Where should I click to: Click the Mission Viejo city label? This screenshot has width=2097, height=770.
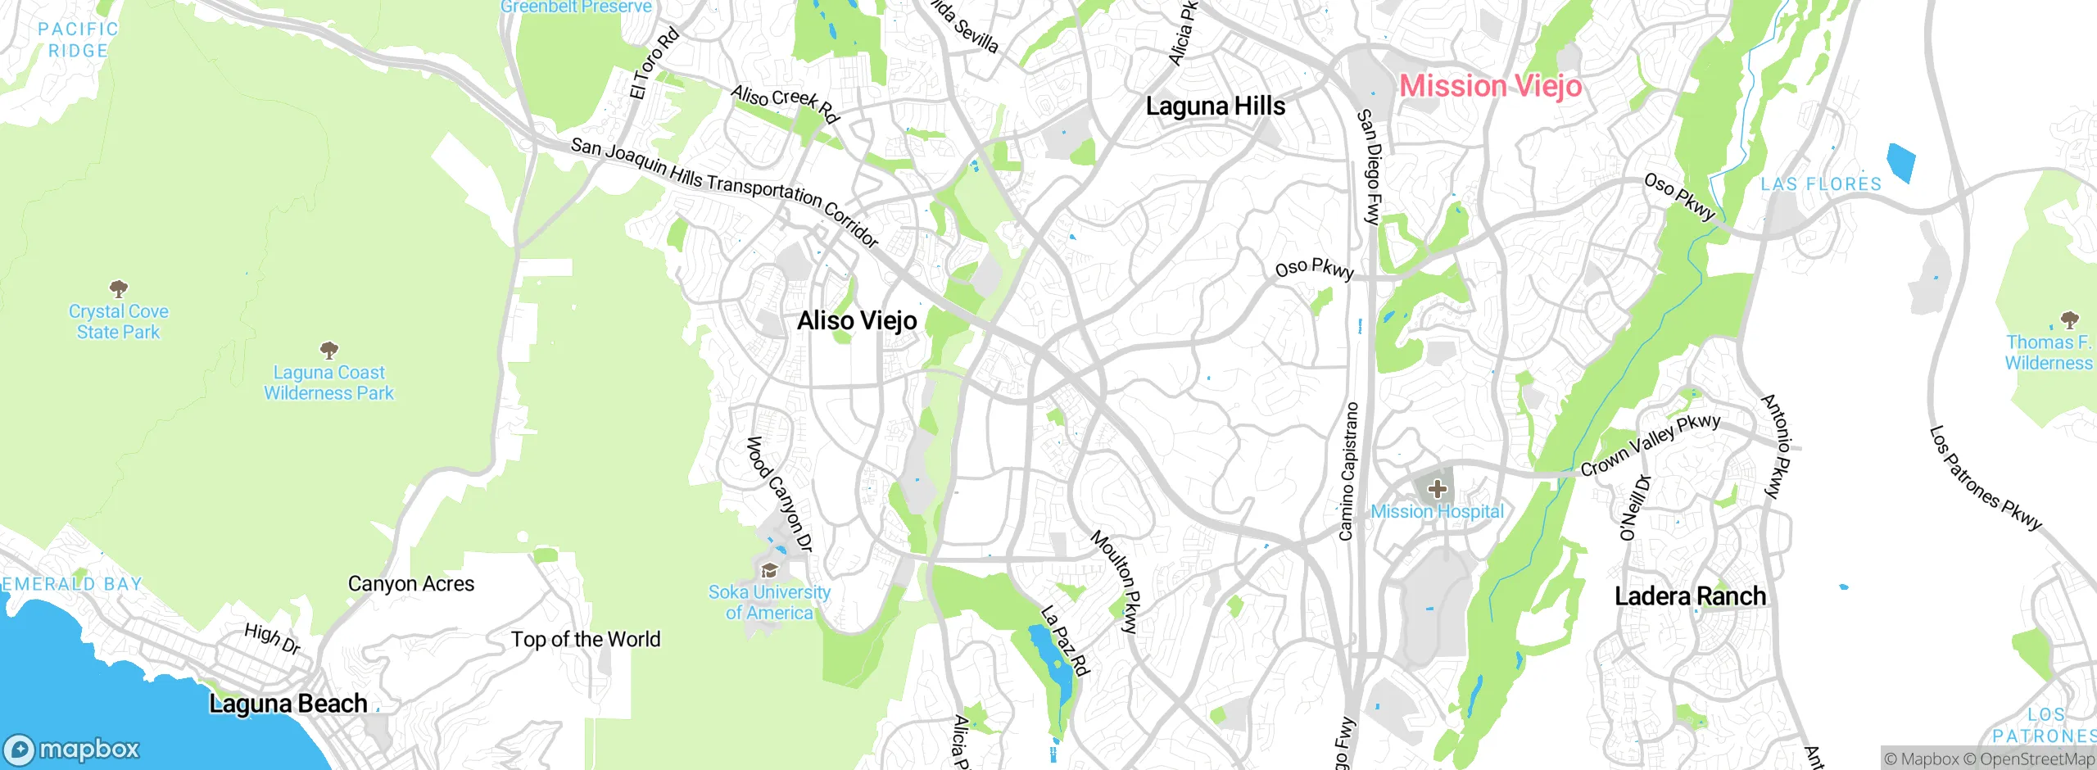[1490, 86]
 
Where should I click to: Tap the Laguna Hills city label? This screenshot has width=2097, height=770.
[1215, 106]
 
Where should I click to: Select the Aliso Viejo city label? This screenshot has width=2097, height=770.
[857, 320]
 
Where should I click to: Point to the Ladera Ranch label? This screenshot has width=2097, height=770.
[1690, 596]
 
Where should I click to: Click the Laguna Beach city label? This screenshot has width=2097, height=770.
[288, 704]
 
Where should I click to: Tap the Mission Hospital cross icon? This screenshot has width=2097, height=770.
[1437, 490]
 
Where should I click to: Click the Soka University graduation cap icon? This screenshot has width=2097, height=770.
[769, 571]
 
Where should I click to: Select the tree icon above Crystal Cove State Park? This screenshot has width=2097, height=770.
[119, 288]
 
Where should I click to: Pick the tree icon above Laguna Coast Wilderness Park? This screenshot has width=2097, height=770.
[329, 351]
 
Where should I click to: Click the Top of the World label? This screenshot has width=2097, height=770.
[585, 640]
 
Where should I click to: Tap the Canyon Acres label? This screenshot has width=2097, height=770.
[410, 584]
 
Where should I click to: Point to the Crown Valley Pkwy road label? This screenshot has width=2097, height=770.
[1650, 445]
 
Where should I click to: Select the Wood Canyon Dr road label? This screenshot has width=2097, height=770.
[778, 494]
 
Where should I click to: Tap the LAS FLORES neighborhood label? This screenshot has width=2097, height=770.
[1821, 184]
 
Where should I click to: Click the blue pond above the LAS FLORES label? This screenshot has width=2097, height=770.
[1900, 162]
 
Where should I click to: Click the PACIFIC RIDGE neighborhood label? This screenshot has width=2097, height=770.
[78, 40]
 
